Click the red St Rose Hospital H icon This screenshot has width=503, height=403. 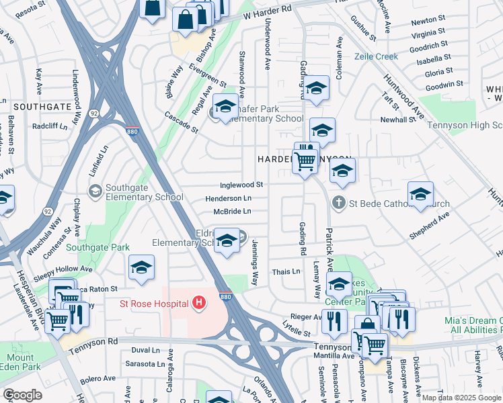pyautogui.click(x=198, y=304)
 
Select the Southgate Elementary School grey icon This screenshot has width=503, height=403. pyautogui.click(x=95, y=192)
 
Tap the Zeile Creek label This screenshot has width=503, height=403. pyautogui.click(x=377, y=57)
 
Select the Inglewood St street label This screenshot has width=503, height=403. pyautogui.click(x=241, y=185)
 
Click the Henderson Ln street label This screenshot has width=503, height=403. pyautogui.click(x=229, y=199)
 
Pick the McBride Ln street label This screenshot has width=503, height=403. pyautogui.click(x=232, y=212)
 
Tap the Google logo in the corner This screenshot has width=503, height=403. pyautogui.click(x=22, y=395)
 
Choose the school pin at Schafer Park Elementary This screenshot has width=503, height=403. pyautogui.click(x=225, y=107)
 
